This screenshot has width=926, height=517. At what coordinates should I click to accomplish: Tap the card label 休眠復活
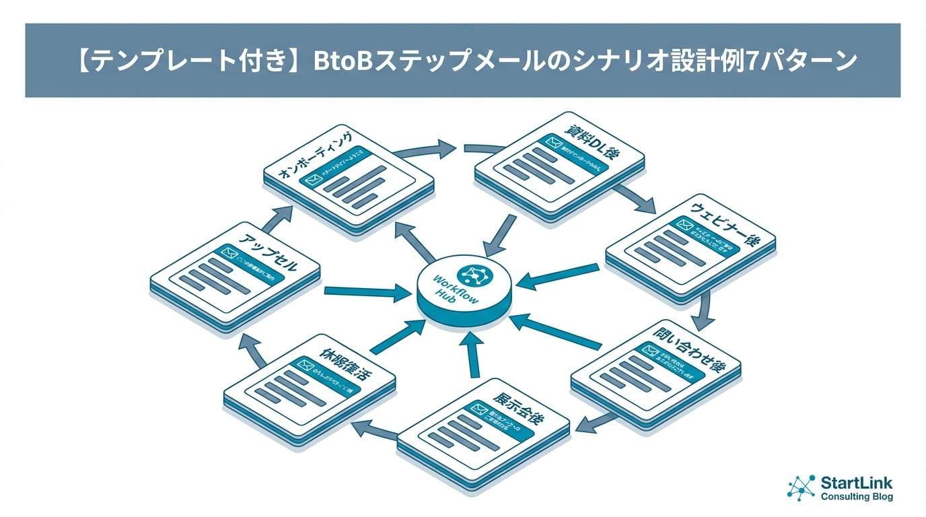(343, 362)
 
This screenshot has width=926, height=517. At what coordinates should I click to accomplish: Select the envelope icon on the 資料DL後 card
(554, 143)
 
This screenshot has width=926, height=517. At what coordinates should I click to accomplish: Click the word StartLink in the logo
(856, 483)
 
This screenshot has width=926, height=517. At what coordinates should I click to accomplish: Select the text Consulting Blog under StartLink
(857, 497)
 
